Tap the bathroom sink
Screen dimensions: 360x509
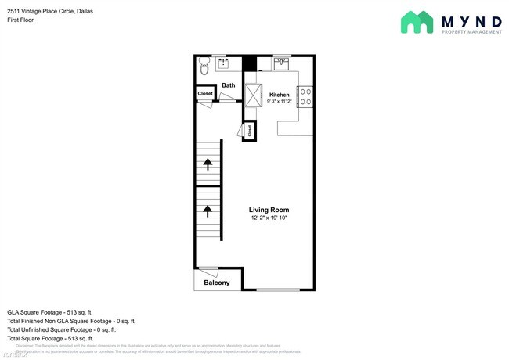coord(223,63)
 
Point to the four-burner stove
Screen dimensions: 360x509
coord(307,96)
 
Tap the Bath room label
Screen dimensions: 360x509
coord(228,85)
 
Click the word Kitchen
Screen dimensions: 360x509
coord(280,95)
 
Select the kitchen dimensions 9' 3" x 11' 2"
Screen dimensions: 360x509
coord(279,102)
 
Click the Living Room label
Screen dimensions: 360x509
coord(269,210)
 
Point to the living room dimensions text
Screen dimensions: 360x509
coord(269,218)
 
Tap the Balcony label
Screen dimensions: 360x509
coord(216,283)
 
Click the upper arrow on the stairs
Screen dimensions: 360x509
coord(208,164)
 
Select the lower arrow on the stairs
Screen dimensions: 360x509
coord(208,210)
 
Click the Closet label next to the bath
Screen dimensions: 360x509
coord(204,93)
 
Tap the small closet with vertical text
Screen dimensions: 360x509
coord(250,131)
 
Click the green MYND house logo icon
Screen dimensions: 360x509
coord(417,23)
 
